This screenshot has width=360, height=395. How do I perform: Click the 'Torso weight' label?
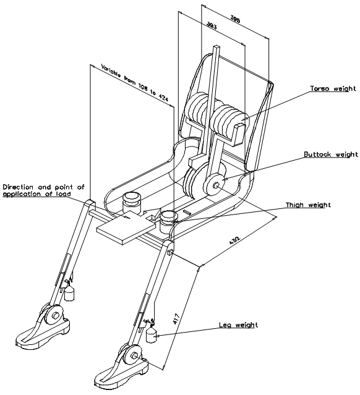(x=333, y=88)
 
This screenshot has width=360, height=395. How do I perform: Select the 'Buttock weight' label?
(x=331, y=154)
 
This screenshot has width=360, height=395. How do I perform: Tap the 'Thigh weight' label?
(x=308, y=205)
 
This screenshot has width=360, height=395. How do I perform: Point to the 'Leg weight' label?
(x=239, y=325)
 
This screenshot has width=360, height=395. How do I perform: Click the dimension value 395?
(x=236, y=19)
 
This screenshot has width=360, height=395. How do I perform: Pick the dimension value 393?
(x=212, y=25)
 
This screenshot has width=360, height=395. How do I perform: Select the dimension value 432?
(x=234, y=240)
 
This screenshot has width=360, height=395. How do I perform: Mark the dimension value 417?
(x=176, y=318)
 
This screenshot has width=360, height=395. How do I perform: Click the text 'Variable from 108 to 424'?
(x=134, y=83)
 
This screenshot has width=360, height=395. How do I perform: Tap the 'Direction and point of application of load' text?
(x=43, y=190)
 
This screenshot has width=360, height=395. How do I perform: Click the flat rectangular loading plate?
(x=126, y=227)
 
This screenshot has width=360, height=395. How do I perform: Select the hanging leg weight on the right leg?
(x=152, y=334)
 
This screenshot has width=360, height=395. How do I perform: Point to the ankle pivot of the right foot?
(x=134, y=355)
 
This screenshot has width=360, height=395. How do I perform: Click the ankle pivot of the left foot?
(x=55, y=315)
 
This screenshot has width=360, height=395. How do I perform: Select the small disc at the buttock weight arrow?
(x=215, y=185)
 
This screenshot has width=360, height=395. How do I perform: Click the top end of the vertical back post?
(x=216, y=46)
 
